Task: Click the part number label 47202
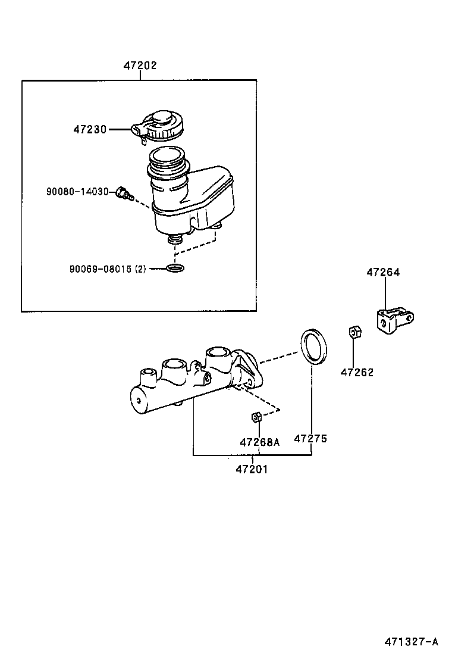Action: point(140,66)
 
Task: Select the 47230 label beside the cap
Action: point(90,129)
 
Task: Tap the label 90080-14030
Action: point(77,192)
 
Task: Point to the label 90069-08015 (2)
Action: point(107,269)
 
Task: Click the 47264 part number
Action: point(383,273)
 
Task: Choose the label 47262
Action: point(357,373)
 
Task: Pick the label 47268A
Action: point(259,442)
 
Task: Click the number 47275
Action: point(310,439)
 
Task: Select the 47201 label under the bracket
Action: point(252,469)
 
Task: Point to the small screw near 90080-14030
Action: point(124,193)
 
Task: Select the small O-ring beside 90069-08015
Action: point(174,268)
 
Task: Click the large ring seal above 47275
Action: point(313,345)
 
